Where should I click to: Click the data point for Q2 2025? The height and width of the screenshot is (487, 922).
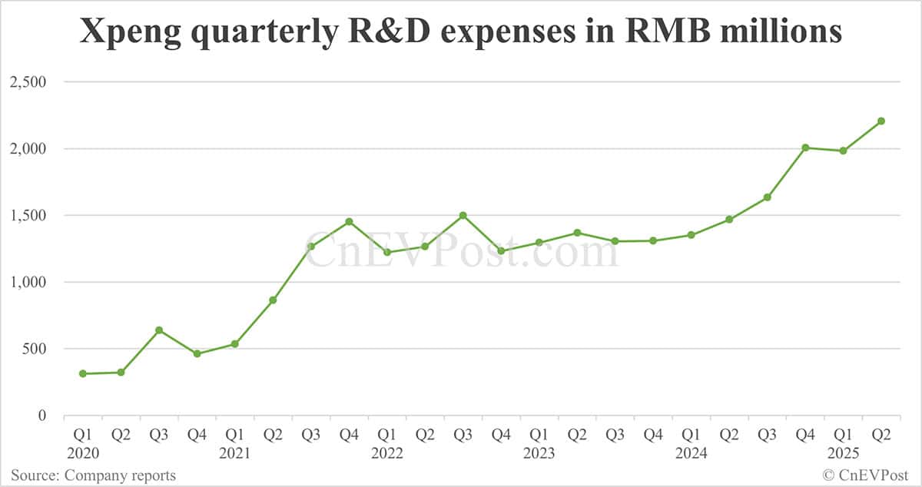pos(881,121)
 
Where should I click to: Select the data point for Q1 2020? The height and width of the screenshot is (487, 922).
pos(83,373)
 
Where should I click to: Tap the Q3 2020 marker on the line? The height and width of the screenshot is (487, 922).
pos(159,330)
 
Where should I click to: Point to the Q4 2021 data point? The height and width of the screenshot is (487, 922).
pos(349,221)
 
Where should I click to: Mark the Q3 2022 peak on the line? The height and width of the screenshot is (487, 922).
pos(463,215)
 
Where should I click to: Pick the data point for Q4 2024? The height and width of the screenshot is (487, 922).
pos(805,147)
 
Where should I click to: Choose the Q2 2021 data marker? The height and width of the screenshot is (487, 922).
pos(273,300)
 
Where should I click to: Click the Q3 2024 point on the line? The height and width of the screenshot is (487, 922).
pos(767,197)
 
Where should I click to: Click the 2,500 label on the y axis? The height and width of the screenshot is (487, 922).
pos(28,82)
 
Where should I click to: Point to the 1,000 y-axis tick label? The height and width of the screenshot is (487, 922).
pos(28,282)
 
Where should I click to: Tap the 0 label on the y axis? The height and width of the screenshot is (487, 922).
pos(42,416)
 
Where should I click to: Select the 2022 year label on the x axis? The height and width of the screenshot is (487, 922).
pos(387,453)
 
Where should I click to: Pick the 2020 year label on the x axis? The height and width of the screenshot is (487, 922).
pos(83,453)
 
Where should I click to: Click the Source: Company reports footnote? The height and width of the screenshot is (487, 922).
pos(93,475)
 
